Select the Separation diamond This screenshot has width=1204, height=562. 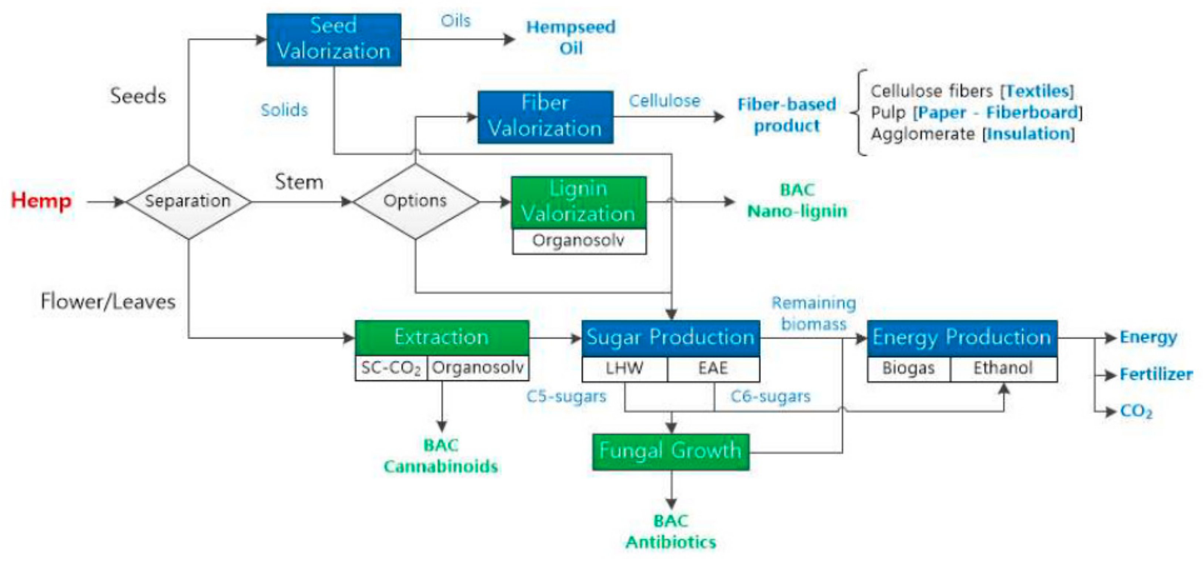click(x=188, y=202)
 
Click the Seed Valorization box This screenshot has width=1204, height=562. click(x=334, y=39)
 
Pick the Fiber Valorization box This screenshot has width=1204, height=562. click(x=545, y=117)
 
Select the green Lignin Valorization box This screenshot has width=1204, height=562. click(x=579, y=202)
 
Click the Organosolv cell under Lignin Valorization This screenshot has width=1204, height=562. click(x=579, y=241)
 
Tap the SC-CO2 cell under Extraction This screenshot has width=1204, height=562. click(x=391, y=368)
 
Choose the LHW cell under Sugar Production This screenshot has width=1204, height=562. click(x=625, y=369)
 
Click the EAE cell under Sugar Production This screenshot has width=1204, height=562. click(x=713, y=369)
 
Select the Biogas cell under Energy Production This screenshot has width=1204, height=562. click(x=908, y=369)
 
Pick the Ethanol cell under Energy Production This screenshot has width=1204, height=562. click(x=1003, y=369)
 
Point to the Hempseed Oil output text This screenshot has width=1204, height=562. click(x=571, y=37)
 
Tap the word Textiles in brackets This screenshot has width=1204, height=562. click(x=1038, y=91)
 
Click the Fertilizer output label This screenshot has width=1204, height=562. click(x=1156, y=375)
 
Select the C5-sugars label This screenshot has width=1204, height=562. click(x=567, y=396)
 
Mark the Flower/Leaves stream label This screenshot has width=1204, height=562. click(x=108, y=302)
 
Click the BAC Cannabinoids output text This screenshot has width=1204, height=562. click(x=441, y=456)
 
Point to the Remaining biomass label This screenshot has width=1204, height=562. click(x=814, y=313)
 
